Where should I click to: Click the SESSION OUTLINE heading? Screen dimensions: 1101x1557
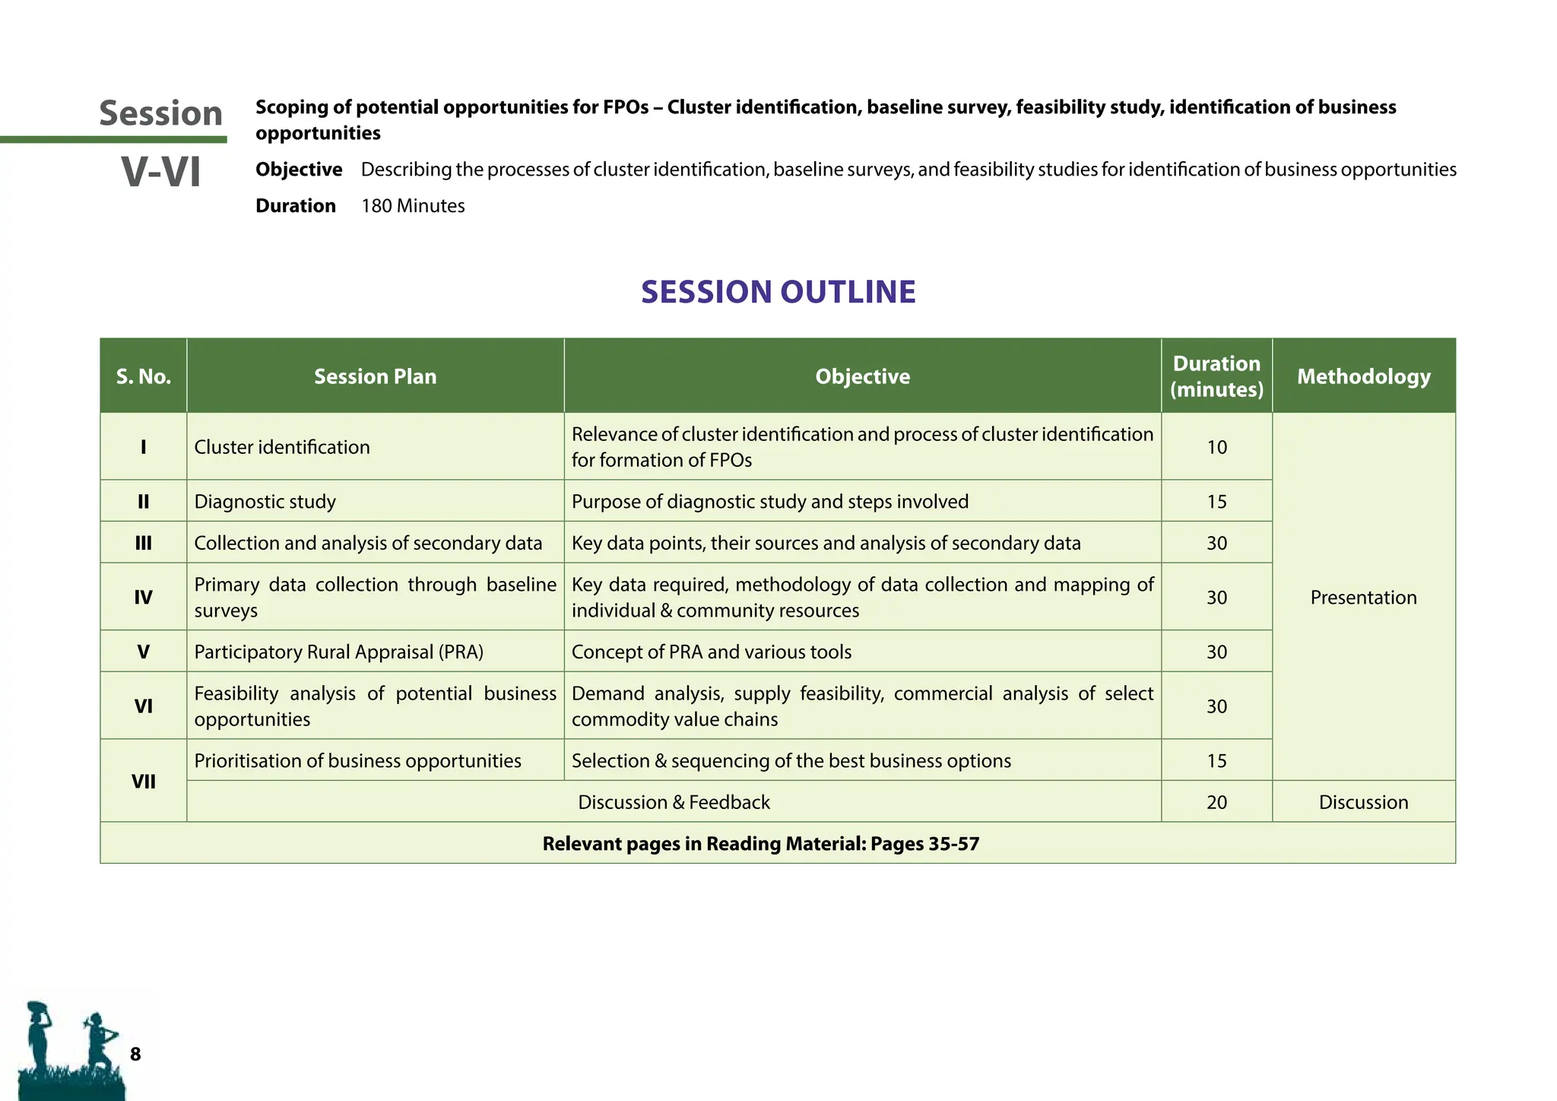778,292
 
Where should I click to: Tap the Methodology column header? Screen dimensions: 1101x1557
1363,376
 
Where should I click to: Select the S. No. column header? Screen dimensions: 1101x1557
143,376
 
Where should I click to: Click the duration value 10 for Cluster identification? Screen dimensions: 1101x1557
1216,447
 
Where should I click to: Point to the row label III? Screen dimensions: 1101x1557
143,543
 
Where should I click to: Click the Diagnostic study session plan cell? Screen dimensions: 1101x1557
265,502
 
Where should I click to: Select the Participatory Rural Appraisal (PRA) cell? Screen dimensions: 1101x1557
338,652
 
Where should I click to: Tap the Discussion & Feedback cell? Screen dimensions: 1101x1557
674,802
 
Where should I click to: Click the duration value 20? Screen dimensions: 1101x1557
1216,802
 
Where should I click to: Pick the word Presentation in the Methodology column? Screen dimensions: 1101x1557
1363,598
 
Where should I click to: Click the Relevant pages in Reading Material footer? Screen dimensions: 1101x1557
760,844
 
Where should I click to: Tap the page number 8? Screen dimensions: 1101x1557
135,1054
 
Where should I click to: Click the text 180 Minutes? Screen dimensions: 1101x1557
413,206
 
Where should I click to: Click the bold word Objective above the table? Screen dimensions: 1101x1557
299,170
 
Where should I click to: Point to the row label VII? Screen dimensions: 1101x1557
143,782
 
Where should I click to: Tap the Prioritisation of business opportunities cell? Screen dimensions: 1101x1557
357,761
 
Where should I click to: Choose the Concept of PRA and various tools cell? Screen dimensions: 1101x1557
711,652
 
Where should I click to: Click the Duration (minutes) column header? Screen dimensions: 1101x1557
1216,376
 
